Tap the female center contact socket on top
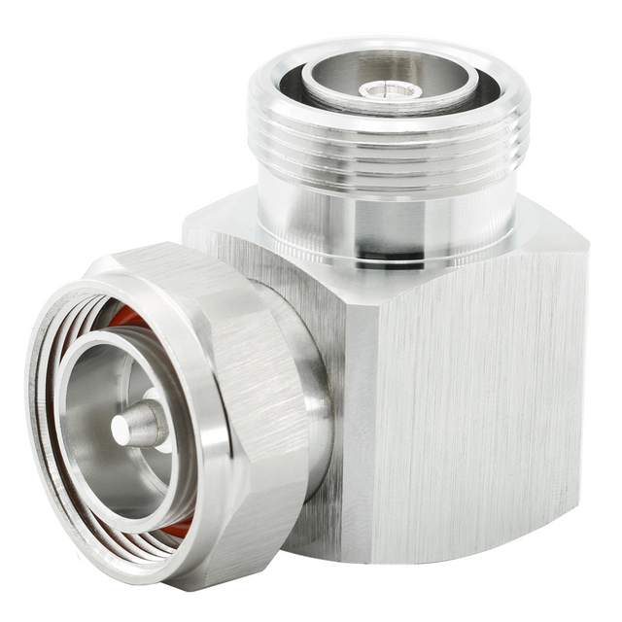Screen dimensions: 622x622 390,90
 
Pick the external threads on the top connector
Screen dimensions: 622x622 389,155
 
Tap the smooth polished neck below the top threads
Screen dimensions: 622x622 389,219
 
